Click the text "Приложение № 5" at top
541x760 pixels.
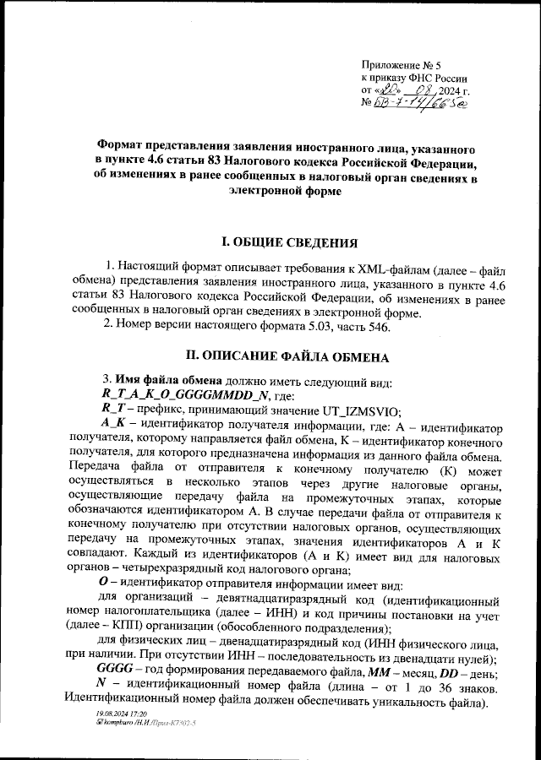(407, 65)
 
